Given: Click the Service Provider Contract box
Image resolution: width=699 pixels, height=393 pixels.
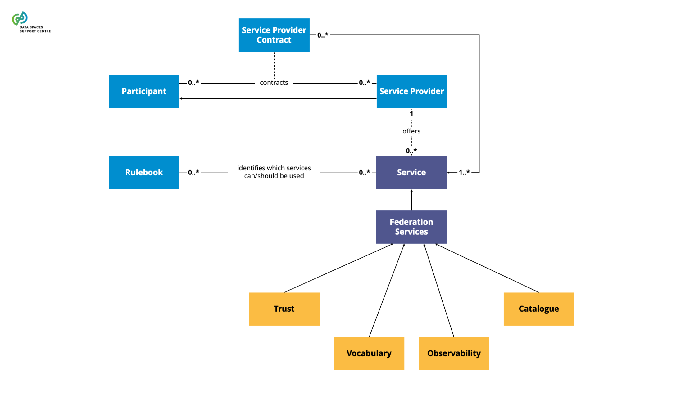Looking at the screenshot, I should point(274,35).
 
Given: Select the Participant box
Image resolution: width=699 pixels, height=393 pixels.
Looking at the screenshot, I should point(144,91).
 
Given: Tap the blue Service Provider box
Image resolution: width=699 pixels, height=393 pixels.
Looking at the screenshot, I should point(411,91).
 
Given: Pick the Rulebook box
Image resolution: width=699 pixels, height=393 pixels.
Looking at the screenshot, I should point(144,173).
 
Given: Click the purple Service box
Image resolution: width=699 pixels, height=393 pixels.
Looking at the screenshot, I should point(411,173).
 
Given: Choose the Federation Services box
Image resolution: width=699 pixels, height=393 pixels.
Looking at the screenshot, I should point(411,227).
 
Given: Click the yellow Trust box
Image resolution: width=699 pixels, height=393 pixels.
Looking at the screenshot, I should point(284,309).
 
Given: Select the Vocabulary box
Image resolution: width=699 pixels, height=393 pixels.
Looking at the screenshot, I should point(369,353).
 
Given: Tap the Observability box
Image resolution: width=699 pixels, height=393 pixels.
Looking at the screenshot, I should point(454,353).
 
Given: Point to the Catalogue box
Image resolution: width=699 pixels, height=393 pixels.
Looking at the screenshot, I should point(538,309).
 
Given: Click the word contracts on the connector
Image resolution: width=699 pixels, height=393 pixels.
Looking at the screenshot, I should point(274,83).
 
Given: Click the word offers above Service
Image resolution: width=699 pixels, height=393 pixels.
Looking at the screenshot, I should point(411,131).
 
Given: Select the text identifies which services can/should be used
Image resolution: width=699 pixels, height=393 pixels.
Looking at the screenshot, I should point(274,172).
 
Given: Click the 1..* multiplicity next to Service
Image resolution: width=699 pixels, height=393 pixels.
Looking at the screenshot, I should point(464,172).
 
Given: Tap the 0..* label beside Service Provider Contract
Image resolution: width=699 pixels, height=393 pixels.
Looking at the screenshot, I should point(322,35).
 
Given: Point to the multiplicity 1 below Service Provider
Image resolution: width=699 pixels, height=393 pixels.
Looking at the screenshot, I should point(411,114).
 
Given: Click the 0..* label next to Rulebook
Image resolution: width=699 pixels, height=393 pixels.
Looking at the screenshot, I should point(193,172).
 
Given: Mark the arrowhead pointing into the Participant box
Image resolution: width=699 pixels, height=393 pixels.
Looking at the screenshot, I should point(181,98).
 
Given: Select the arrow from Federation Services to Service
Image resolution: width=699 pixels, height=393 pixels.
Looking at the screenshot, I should point(411,200).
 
